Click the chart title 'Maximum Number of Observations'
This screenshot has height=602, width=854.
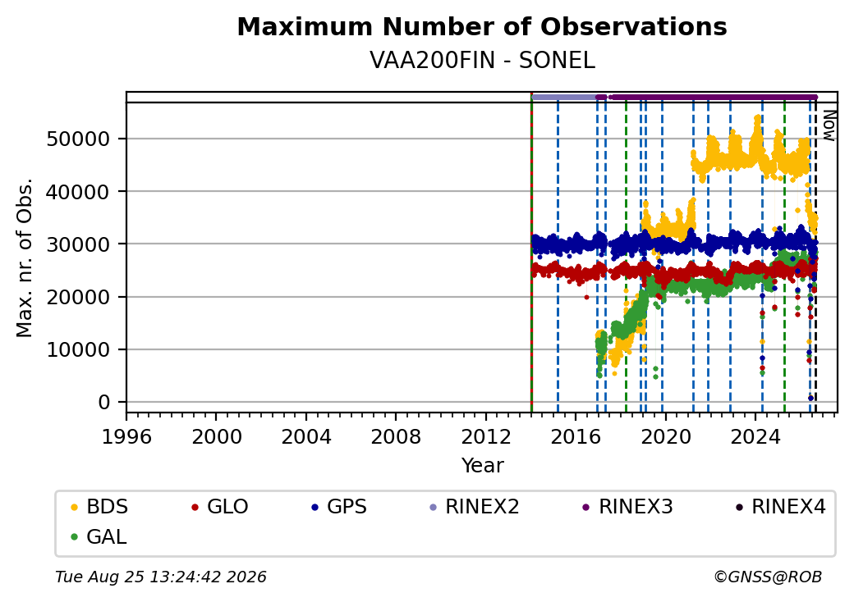[x=482, y=26]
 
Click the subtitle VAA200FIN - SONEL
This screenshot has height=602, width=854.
[x=482, y=61]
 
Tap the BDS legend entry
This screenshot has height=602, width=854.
[x=99, y=507]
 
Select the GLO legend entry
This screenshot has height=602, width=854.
[x=219, y=507]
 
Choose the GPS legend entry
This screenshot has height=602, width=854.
[x=339, y=507]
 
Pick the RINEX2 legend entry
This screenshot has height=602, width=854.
[x=474, y=507]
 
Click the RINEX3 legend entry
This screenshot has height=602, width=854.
[x=627, y=507]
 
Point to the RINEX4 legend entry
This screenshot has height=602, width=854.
[x=780, y=507]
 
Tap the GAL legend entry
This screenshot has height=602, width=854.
[x=99, y=536]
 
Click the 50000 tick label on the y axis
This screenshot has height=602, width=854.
[x=79, y=139]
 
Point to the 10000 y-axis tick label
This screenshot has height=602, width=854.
[x=79, y=349]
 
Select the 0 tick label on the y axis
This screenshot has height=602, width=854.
[x=104, y=403]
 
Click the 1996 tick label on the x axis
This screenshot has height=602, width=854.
[x=127, y=436]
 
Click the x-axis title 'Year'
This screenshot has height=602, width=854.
[x=483, y=466]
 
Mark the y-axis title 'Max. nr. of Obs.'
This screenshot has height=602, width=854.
[x=25, y=258]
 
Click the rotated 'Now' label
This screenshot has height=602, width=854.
[x=829, y=125]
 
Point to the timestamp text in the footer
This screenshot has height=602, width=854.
[x=161, y=577]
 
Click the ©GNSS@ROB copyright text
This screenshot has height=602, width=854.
[x=768, y=577]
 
